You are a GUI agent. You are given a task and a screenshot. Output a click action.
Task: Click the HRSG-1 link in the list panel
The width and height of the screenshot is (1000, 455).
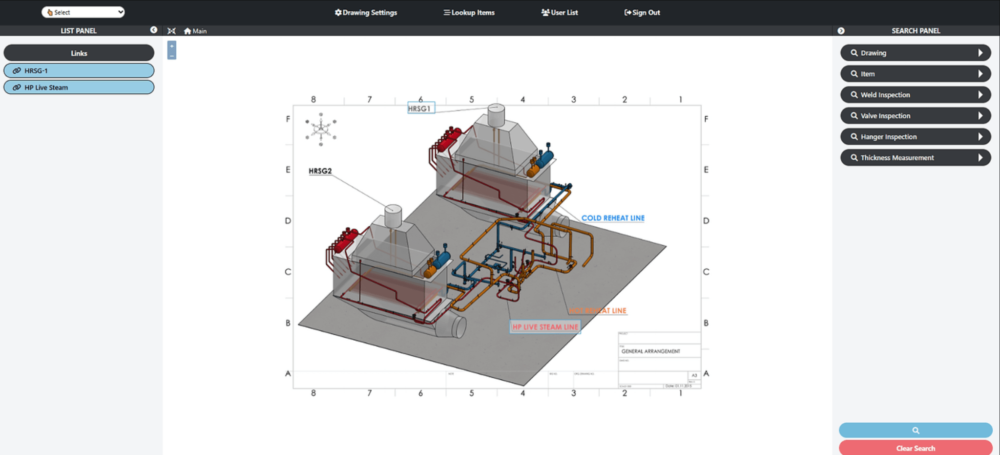[79, 70]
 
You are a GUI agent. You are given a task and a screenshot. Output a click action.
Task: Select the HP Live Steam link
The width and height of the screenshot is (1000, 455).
[79, 87]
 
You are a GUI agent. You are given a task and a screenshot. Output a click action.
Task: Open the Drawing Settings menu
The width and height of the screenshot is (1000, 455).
[366, 13]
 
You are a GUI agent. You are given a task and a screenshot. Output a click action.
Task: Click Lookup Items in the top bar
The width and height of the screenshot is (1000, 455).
[469, 13]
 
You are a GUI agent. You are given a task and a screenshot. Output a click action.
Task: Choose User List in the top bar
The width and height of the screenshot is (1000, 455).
[560, 13]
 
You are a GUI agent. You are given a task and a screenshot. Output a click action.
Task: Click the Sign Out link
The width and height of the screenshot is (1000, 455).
[642, 13]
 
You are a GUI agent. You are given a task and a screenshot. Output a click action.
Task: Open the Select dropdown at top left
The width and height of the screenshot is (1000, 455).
[83, 12]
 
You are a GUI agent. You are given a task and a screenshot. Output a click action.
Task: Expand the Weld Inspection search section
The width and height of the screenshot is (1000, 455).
[915, 95]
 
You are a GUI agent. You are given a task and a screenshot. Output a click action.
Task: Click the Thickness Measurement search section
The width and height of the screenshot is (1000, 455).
[915, 158]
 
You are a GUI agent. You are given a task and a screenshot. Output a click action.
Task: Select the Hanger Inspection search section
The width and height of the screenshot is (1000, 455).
[915, 137]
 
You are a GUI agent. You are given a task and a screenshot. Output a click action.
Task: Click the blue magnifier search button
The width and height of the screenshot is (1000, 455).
[915, 430]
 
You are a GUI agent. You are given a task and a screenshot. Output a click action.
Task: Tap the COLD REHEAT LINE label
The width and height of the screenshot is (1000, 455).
[613, 218]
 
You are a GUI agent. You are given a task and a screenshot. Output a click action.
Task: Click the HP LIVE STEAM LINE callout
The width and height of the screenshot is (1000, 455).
[545, 327]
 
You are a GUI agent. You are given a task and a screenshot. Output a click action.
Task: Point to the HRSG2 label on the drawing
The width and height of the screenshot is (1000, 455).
[320, 171]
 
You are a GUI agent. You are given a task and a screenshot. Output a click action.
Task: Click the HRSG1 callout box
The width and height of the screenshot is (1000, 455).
[420, 108]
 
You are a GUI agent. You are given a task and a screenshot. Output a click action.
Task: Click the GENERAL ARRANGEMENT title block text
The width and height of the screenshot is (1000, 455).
[650, 351]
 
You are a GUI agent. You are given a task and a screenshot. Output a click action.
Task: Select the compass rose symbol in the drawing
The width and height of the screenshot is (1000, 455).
[321, 129]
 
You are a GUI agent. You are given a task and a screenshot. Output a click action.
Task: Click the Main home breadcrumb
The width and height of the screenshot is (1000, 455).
[195, 31]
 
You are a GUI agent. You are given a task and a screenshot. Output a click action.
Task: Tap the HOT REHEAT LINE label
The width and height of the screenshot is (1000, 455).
[598, 311]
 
